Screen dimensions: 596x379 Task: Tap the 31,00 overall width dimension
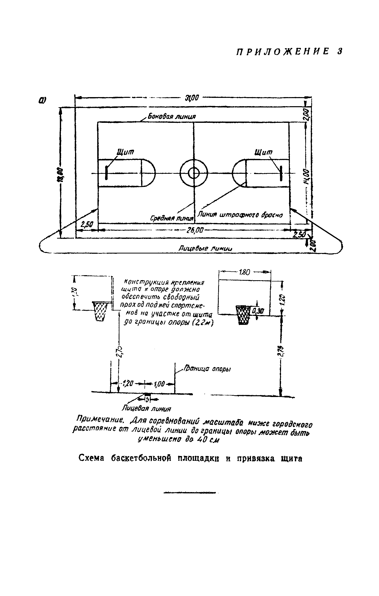193,97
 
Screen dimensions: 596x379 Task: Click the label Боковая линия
172,117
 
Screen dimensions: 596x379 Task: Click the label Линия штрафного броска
240,215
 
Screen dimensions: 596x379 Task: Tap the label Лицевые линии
205,248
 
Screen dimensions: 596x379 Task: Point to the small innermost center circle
194,173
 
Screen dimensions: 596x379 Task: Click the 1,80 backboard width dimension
244,272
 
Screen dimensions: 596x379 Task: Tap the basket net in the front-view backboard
243,315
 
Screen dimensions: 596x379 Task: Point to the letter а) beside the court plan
42,100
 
